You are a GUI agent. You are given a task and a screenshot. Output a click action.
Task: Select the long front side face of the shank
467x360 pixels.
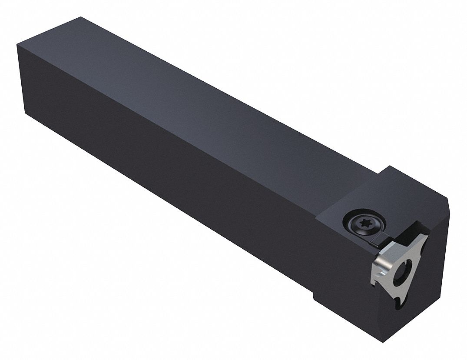coord(174,191)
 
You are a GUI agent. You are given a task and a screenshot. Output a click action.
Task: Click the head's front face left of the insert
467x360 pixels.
coord(343,270)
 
